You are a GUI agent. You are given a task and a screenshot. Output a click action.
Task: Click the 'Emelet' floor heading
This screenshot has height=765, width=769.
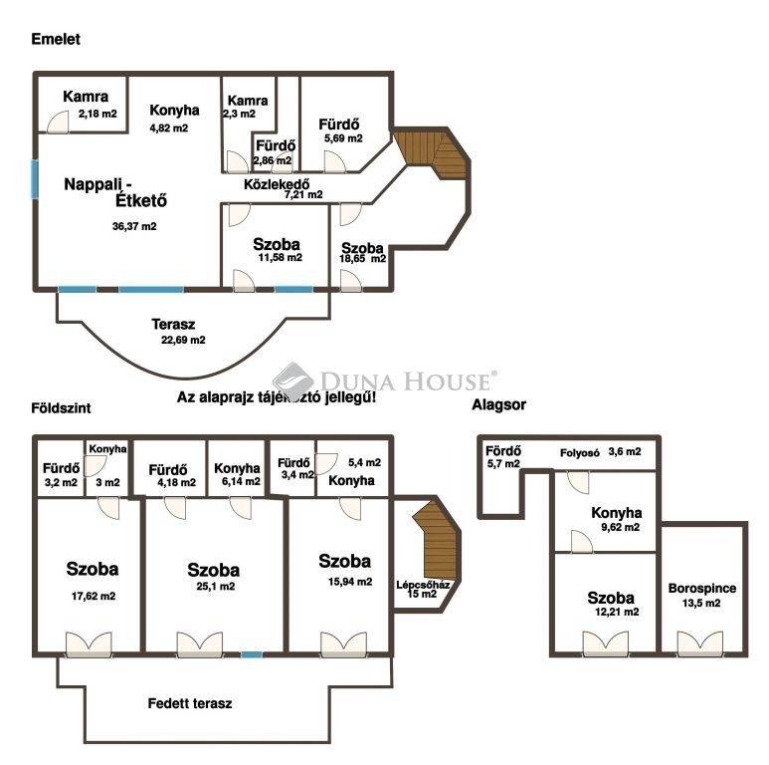click(x=56, y=39)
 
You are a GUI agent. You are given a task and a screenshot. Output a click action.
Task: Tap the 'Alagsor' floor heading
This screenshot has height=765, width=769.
click(x=498, y=405)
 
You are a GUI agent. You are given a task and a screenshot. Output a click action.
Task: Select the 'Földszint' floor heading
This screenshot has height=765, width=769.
click(x=61, y=408)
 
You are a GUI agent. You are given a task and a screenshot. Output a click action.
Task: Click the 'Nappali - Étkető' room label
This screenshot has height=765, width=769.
click(x=115, y=192)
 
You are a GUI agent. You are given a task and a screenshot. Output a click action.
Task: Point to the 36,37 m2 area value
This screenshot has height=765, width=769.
click(x=134, y=226)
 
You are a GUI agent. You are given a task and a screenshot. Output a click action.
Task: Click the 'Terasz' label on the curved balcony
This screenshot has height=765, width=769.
click(x=173, y=325)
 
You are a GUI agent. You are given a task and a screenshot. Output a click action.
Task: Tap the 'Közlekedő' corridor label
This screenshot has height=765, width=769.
click(x=277, y=184)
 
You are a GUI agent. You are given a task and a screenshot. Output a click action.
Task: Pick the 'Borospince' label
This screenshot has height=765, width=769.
click(x=701, y=589)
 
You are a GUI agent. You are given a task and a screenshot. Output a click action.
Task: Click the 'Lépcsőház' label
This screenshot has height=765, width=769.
click(x=423, y=585)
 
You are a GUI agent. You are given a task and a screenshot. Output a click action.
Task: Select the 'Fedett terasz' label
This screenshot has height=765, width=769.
click(x=190, y=703)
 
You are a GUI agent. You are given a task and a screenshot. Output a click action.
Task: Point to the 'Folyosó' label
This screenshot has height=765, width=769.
click(x=580, y=452)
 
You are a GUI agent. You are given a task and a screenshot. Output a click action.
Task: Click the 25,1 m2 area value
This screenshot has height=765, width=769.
click(x=215, y=587)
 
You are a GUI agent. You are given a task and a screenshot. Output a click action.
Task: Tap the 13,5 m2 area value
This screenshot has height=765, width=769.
click(x=701, y=603)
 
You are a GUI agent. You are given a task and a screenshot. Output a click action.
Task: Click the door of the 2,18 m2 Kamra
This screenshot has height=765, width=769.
click(x=58, y=123)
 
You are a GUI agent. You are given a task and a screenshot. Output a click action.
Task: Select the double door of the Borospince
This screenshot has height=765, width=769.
click(x=700, y=644)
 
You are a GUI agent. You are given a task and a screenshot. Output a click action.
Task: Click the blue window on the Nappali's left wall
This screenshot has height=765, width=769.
click(x=35, y=178)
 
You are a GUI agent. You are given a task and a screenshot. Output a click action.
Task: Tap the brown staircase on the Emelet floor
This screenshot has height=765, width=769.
click(x=432, y=153)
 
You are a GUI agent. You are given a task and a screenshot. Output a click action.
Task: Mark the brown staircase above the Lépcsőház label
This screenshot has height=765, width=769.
click(x=437, y=539)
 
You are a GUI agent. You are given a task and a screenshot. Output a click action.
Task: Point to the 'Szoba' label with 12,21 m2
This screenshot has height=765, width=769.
click(x=611, y=598)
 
